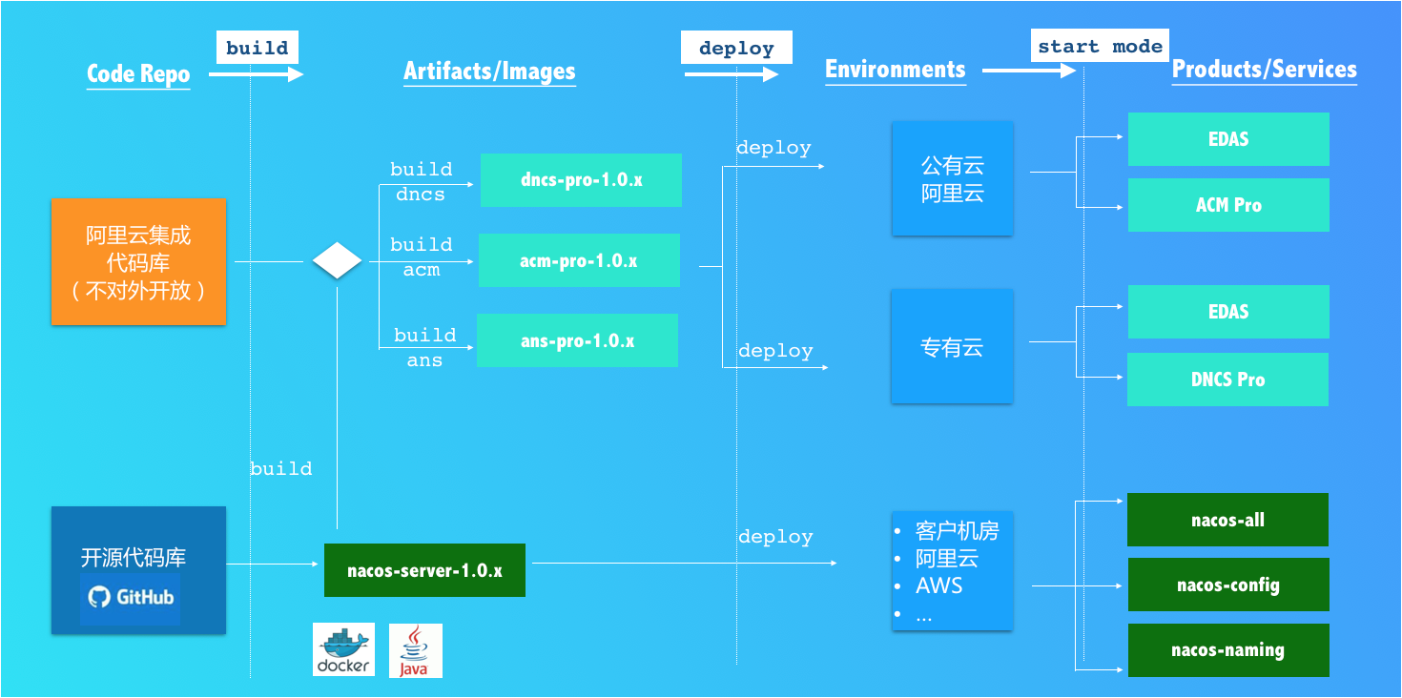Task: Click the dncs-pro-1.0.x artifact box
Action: [581, 179]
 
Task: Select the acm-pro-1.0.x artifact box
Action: [579, 260]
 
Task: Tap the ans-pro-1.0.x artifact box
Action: [577, 340]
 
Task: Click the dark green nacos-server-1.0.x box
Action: [424, 570]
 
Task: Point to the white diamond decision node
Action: [338, 260]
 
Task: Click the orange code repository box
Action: [138, 261]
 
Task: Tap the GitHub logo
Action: [131, 598]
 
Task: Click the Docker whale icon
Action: [343, 650]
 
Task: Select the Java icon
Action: [415, 650]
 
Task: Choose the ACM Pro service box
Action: [1228, 205]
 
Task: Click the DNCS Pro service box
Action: [1227, 380]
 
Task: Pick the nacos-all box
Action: [1227, 520]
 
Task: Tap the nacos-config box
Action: [1228, 585]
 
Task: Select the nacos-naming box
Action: [1228, 650]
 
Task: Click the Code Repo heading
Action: [138, 74]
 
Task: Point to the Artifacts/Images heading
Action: [489, 72]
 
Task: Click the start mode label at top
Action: [1100, 47]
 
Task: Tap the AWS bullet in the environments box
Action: [939, 585]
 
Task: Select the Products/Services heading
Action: [1264, 70]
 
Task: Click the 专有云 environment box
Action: [952, 347]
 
